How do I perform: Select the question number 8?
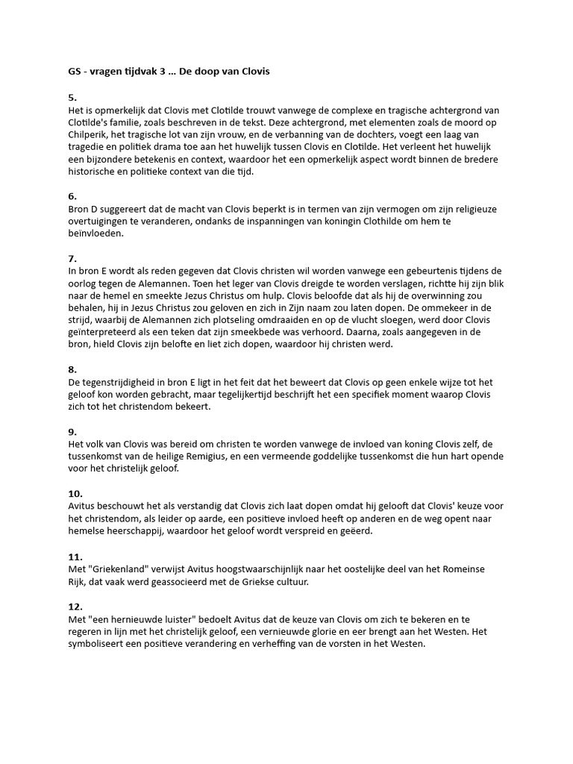(72, 369)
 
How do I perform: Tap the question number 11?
(74, 557)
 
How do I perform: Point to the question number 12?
(74, 607)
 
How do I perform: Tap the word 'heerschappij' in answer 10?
(117, 531)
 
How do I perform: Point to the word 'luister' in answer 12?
(183, 619)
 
